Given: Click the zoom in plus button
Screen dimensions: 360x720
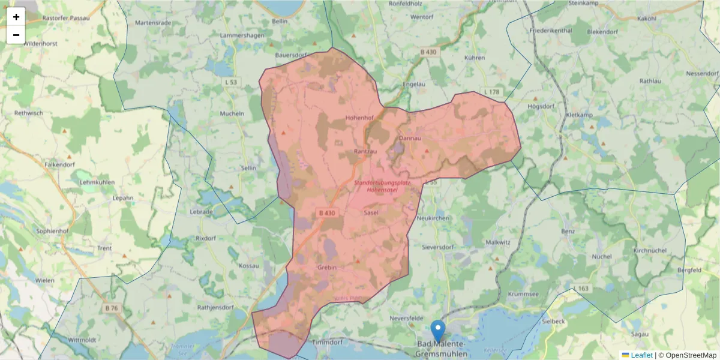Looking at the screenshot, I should click(16, 17).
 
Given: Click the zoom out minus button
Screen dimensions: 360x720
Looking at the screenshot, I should click(16, 35).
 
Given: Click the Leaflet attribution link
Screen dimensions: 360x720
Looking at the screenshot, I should click(641, 355).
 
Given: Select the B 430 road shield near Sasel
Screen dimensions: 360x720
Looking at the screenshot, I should click(327, 212).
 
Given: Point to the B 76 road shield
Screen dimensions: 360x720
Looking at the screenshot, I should click(112, 308).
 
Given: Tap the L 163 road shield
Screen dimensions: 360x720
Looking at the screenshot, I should click(581, 289).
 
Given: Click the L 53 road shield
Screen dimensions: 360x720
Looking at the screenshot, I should click(230, 82).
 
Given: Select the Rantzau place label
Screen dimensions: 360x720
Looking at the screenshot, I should click(365, 152).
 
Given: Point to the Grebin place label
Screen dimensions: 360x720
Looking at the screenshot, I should click(327, 267).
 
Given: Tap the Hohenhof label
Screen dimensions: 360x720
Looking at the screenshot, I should click(359, 118).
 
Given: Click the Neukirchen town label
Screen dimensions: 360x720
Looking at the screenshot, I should click(432, 218).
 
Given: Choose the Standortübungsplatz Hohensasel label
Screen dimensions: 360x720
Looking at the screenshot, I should click(382, 186).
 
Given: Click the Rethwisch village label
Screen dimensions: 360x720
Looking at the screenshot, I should click(30, 112).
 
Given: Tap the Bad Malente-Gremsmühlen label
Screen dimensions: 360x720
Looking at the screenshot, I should click(440, 349).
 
